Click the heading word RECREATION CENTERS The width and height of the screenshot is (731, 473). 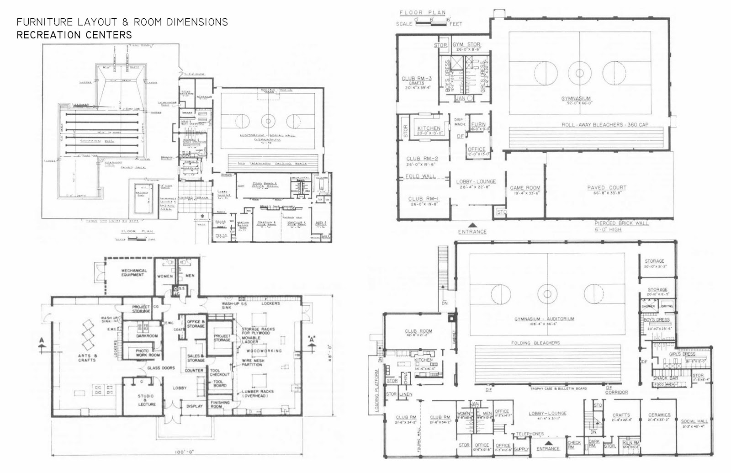74,35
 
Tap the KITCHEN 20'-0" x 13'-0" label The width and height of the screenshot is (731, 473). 429,131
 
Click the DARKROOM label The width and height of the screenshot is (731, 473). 147,336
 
